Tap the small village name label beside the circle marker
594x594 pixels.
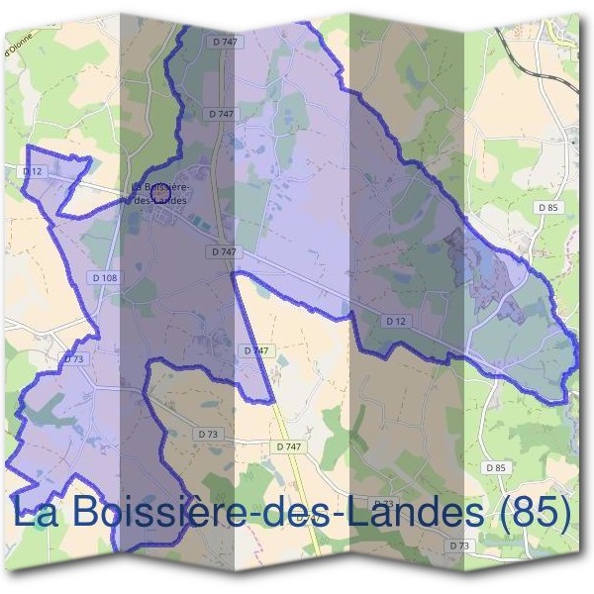[159, 194]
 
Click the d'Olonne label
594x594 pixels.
[19, 45]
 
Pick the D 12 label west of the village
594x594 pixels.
[35, 171]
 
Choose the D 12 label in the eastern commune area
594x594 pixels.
[396, 320]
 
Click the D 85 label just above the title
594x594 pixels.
[496, 466]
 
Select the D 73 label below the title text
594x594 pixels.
[458, 545]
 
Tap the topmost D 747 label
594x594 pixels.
[225, 42]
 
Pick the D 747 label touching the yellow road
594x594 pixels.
[289, 447]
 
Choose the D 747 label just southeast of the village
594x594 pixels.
[224, 252]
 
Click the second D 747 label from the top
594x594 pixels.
[222, 114]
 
